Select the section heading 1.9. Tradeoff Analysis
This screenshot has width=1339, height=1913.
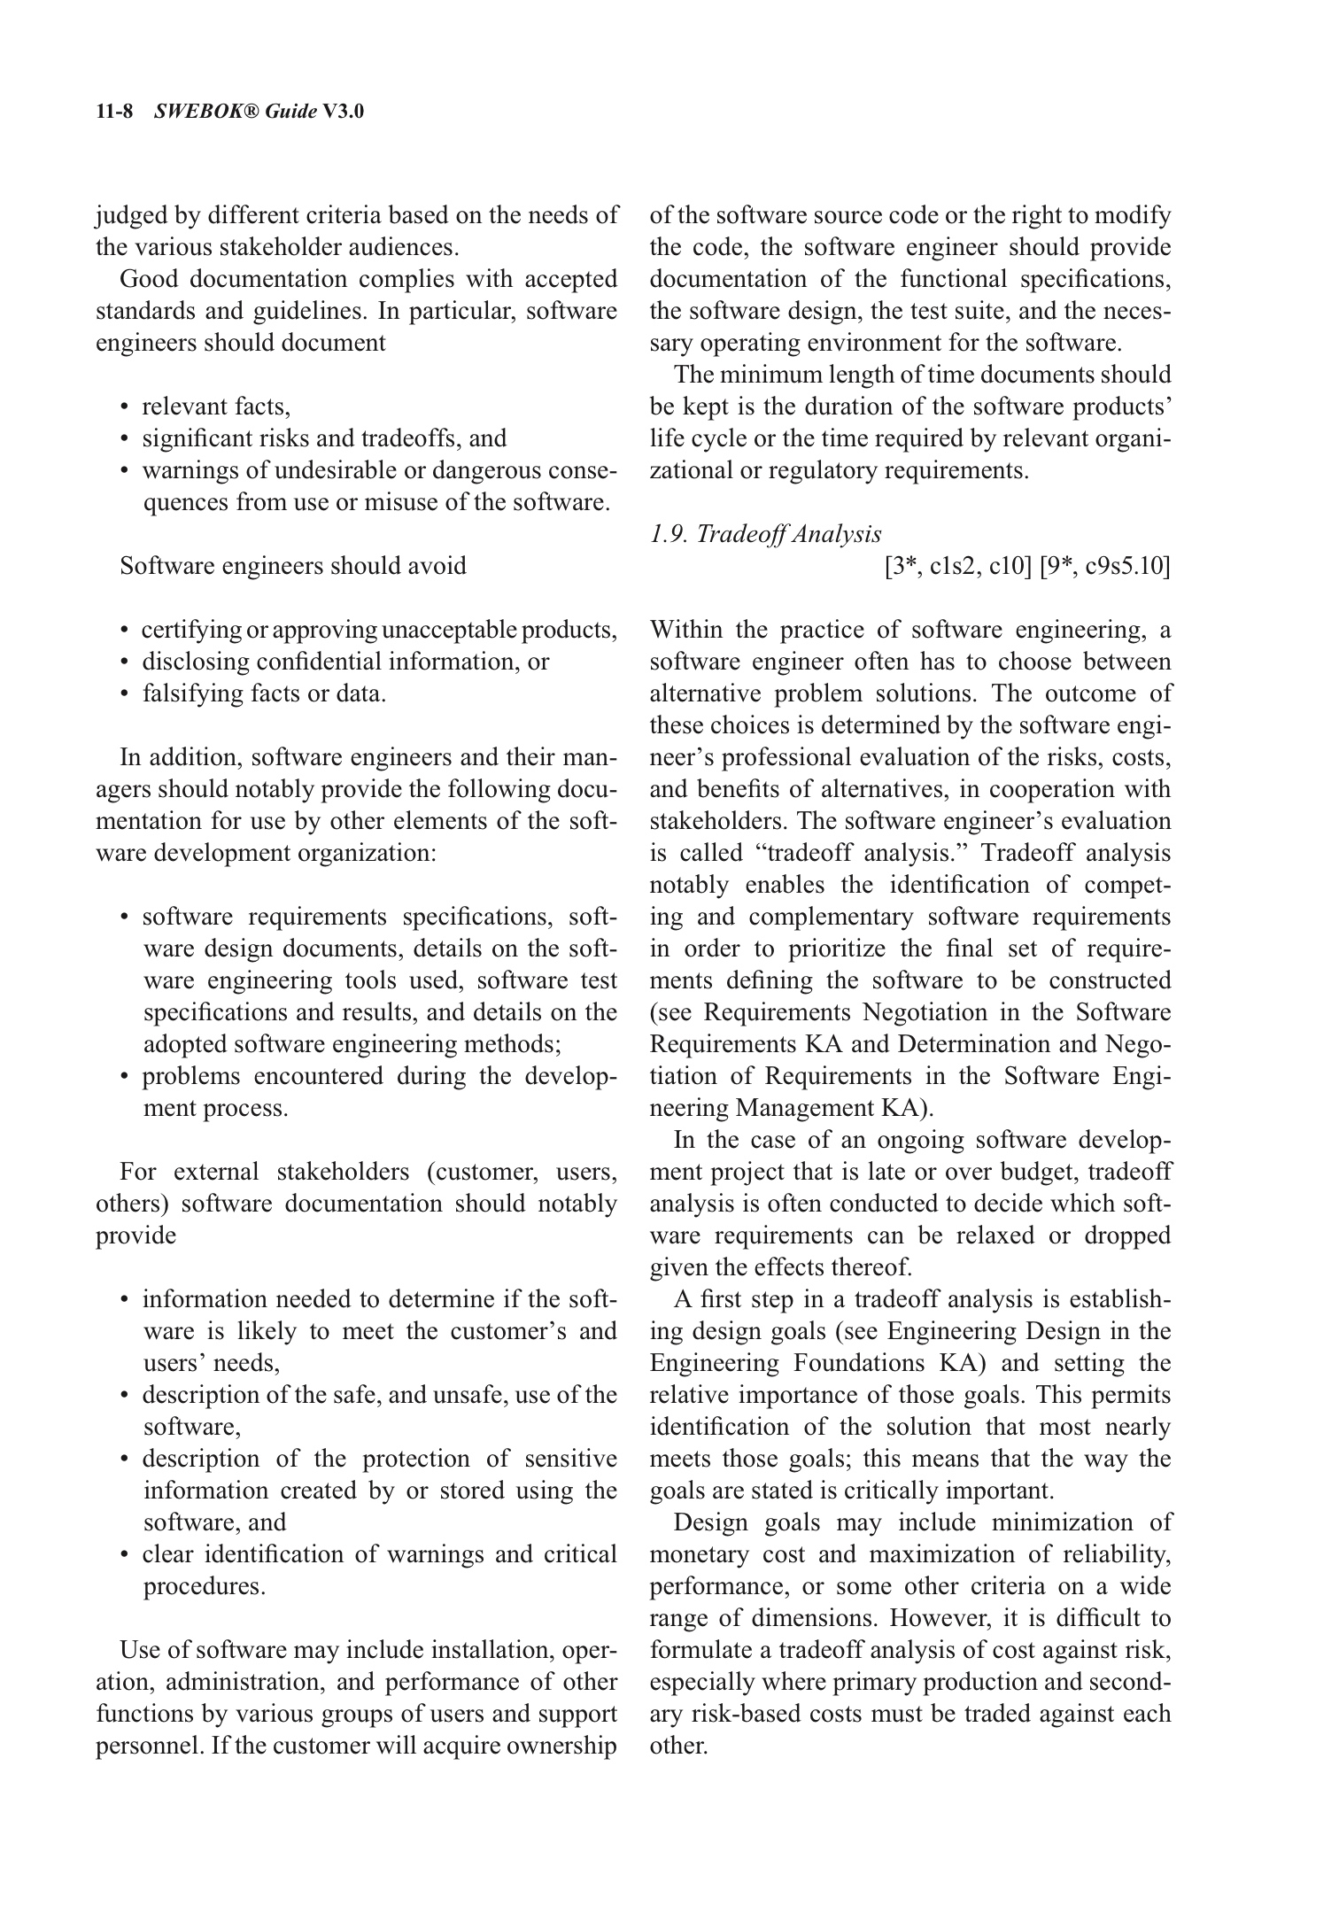tap(766, 534)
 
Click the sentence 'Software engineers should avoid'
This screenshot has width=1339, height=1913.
tap(293, 566)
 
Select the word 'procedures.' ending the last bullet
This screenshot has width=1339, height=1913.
tap(205, 1586)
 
